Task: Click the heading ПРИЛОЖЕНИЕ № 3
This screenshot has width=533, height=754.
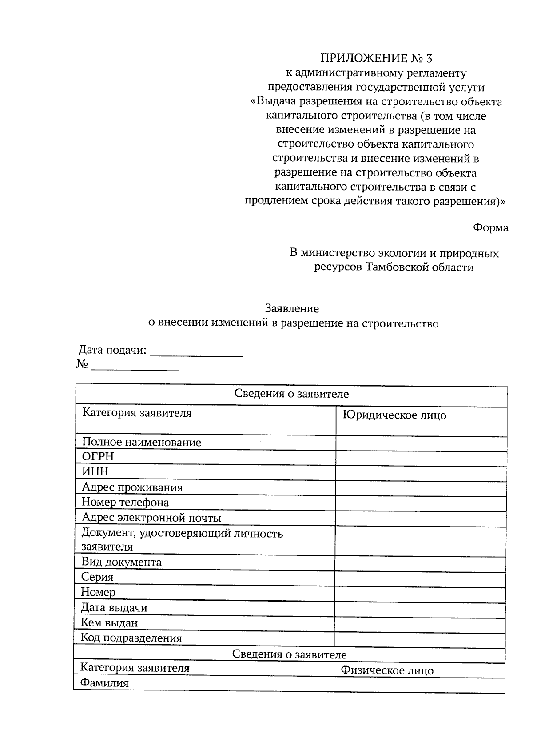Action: (x=376, y=58)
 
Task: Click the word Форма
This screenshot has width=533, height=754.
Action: (x=490, y=228)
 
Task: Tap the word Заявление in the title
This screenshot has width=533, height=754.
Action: (x=292, y=308)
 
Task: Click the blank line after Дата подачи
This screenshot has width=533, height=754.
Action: (x=196, y=352)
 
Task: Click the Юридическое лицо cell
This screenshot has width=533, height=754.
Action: (x=394, y=415)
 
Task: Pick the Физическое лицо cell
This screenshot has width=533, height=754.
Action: (x=387, y=670)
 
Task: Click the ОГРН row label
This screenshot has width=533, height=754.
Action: (x=98, y=457)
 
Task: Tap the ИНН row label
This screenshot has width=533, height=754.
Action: (x=95, y=471)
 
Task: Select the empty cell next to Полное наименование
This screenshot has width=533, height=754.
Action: (x=421, y=443)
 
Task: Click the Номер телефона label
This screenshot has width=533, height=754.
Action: (x=125, y=503)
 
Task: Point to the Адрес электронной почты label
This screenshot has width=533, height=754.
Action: (x=151, y=518)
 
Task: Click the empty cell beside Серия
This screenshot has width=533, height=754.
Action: (x=420, y=579)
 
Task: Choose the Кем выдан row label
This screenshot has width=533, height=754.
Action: (x=109, y=623)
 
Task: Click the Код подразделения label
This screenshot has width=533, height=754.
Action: (x=131, y=638)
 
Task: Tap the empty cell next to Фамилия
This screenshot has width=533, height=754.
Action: (x=419, y=684)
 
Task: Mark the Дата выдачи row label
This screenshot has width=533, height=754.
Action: (x=114, y=608)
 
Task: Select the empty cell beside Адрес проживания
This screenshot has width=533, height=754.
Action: (x=420, y=489)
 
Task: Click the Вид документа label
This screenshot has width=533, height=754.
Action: (x=121, y=563)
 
